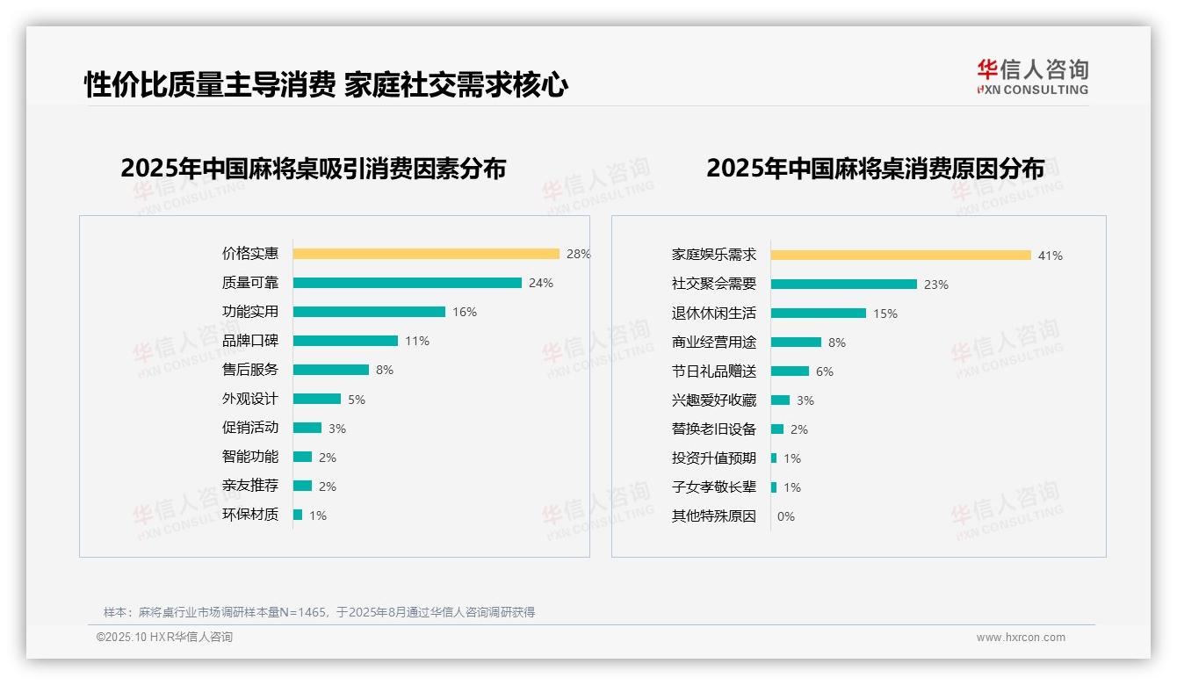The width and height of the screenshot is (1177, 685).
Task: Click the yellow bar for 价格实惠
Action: click(426, 254)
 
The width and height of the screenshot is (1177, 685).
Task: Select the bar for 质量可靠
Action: click(408, 283)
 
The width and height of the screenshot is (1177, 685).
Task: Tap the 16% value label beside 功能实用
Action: click(465, 312)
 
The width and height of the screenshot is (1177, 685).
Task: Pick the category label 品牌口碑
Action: click(250, 341)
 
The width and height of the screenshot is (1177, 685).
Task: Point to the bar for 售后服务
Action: click(331, 370)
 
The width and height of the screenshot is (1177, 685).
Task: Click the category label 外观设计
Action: click(250, 399)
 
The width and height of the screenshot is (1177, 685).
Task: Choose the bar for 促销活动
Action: click(307, 428)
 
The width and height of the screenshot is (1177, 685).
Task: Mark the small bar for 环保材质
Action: click(298, 515)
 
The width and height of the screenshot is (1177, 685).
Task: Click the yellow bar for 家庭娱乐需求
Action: click(901, 256)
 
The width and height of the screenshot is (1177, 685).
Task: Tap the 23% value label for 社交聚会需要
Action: click(936, 285)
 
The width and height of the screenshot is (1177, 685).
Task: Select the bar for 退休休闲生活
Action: click(819, 314)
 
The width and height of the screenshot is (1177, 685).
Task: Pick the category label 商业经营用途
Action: click(714, 342)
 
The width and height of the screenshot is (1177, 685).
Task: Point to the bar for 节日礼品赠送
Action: click(791, 371)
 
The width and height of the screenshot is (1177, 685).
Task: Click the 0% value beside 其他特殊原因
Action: click(785, 516)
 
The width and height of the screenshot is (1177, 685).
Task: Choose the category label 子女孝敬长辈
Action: click(714, 487)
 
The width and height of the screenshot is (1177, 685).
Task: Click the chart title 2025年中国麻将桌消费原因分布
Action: click(875, 169)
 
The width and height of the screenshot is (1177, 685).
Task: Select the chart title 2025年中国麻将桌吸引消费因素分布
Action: click(314, 169)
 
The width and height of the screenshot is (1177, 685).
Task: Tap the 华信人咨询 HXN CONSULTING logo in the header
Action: click(1032, 77)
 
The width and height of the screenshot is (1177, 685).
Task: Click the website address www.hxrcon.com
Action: click(1021, 638)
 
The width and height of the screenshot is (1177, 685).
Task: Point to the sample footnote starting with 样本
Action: click(319, 612)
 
